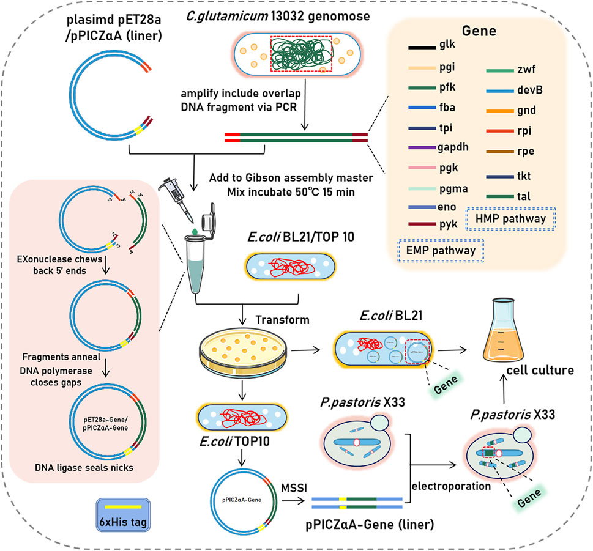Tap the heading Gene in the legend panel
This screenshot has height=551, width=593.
tap(485, 31)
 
